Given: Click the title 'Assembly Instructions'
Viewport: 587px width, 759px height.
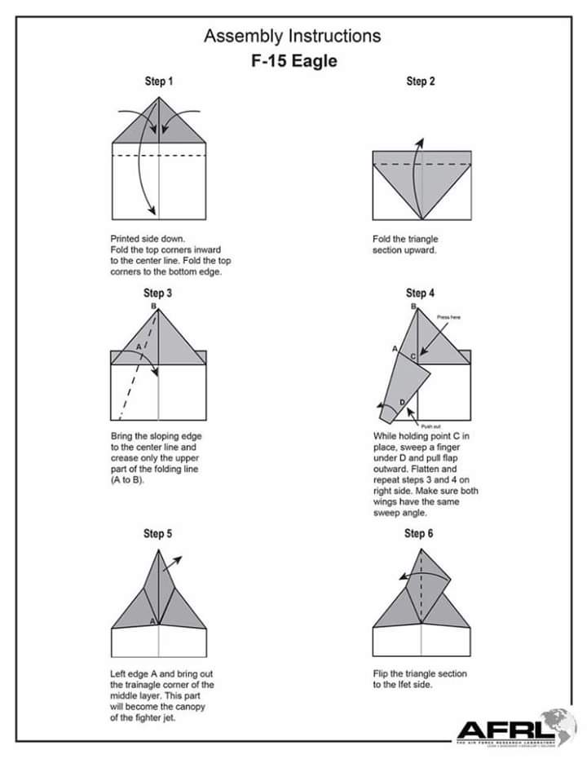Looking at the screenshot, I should [x=292, y=36].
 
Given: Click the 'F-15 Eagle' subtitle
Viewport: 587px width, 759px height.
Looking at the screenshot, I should [x=293, y=61].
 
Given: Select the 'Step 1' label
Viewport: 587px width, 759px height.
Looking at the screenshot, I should [x=158, y=82].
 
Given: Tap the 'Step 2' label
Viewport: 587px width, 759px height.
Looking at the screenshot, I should [x=420, y=82].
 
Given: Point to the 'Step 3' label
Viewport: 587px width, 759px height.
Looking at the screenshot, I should [x=158, y=293].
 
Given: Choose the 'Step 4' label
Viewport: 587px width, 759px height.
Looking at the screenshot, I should [x=420, y=293].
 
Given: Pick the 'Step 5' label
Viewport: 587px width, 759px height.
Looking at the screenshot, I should [x=158, y=534].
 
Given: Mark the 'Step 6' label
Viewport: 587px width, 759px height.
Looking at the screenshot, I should [x=419, y=534].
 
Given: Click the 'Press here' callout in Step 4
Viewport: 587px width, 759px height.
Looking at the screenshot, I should [x=449, y=317].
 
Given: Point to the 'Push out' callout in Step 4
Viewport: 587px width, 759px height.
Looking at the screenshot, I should [x=431, y=426].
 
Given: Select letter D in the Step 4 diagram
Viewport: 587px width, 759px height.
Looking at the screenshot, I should [x=401, y=402].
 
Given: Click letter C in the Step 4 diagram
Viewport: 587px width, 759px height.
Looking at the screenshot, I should [x=413, y=356].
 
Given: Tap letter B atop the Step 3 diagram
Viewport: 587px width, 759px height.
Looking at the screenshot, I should [x=153, y=306].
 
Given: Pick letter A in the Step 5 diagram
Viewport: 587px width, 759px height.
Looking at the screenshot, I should [x=153, y=621].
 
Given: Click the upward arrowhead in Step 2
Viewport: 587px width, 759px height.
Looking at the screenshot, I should [x=421, y=143].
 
